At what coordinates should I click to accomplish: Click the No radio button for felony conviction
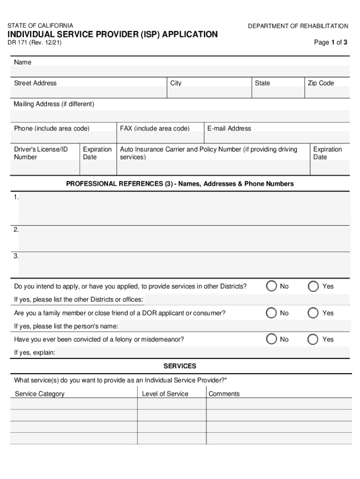271,339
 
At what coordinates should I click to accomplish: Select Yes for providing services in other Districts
314,286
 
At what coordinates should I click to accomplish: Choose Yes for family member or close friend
314,313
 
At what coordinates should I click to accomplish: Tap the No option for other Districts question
271,286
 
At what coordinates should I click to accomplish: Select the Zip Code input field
327,92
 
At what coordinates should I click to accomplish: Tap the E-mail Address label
229,128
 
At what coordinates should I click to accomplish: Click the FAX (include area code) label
155,128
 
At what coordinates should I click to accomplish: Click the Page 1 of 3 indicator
330,43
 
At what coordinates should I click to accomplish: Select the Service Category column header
40,394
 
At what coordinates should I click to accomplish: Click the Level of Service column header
165,394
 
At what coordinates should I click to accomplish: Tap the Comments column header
224,394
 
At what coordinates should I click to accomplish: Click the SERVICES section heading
180,366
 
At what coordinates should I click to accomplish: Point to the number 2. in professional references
16,229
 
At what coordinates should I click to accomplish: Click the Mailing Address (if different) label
54,104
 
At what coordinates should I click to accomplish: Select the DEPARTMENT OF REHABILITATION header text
298,26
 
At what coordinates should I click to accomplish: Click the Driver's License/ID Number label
41,153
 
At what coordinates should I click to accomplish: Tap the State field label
262,83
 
